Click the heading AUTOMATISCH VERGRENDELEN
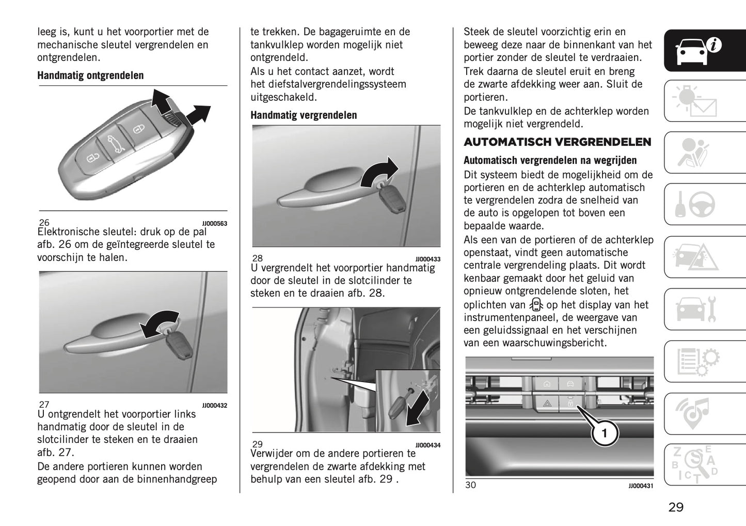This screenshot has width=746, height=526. point(557,142)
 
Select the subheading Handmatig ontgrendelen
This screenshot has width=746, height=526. point(90,75)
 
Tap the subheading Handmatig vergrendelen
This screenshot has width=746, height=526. point(304,115)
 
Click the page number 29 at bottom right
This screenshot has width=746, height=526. point(676,507)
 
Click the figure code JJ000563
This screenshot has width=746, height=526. point(214,223)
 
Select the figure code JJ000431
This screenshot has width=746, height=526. point(641,486)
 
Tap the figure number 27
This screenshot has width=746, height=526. point(44,405)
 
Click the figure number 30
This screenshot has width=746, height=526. point(470,485)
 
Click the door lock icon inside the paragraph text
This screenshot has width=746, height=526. point(536,305)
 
